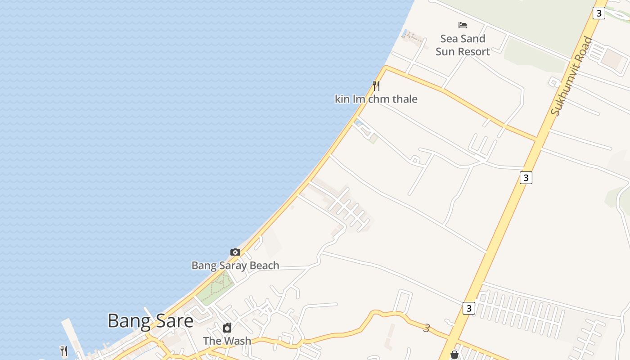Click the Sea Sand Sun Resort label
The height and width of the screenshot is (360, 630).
point(463,45)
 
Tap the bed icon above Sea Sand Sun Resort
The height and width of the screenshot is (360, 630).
point(463,25)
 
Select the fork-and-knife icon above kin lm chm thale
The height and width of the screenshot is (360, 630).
point(376,85)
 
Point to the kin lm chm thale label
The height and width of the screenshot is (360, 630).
point(376,99)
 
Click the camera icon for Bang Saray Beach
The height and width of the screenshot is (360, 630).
point(235,252)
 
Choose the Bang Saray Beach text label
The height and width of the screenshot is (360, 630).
point(235,265)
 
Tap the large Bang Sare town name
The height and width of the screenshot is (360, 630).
point(150,321)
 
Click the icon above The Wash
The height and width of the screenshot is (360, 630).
point(227,327)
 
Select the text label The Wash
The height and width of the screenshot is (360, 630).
point(227,341)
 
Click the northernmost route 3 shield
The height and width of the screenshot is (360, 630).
point(598,13)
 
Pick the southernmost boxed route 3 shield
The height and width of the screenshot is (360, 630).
point(468,308)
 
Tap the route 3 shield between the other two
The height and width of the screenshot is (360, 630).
point(526,178)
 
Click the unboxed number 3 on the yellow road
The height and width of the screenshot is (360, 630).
point(427,328)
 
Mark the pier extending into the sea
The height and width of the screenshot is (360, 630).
point(72,335)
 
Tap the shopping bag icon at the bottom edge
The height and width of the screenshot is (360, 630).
point(454,355)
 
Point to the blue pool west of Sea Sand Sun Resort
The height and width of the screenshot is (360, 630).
point(405,33)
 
